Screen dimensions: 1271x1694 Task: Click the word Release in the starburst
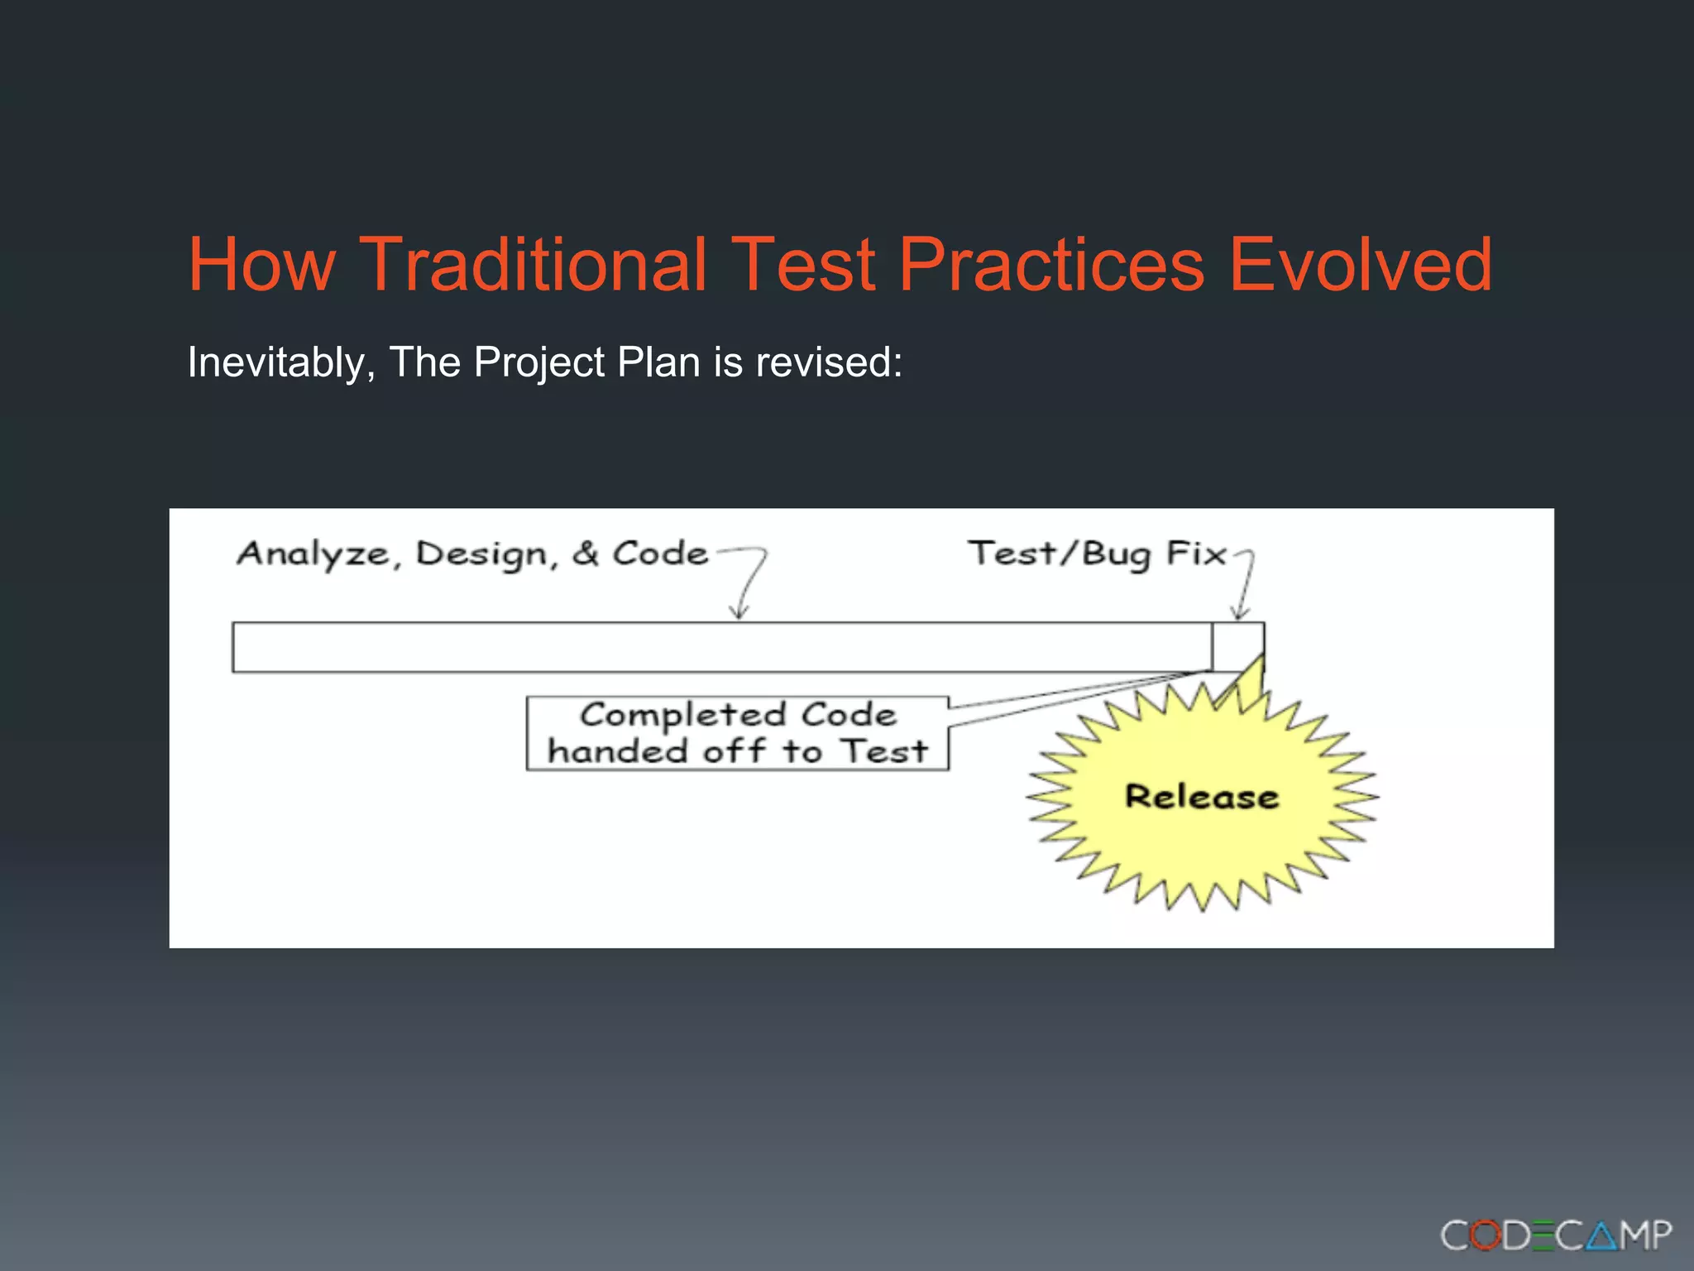(1202, 796)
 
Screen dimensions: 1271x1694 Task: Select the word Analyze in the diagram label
(313, 553)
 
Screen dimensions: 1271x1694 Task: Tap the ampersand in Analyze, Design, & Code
(585, 553)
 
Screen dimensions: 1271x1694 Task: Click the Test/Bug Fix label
(1097, 553)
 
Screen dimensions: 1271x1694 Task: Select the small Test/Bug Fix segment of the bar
(1238, 646)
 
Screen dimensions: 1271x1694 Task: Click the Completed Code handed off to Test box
(737, 733)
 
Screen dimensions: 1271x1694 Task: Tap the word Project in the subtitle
(539, 362)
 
